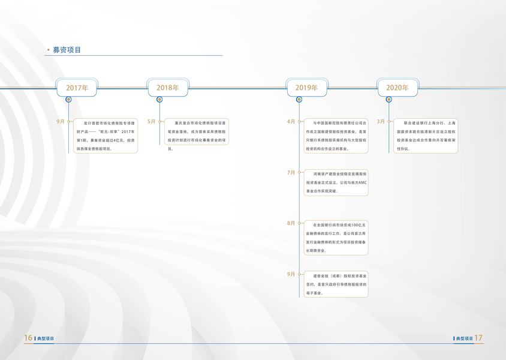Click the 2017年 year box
point(77,88)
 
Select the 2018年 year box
point(168,88)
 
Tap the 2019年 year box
point(306,88)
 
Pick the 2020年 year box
point(397,88)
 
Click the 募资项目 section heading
point(67,50)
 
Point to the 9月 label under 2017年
point(61,121)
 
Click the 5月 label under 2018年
point(151,121)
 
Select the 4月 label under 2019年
point(291,121)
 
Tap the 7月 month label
point(291,172)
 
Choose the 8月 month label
point(291,223)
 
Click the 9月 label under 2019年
point(291,274)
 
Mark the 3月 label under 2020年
point(381,121)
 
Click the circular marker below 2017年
point(69,100)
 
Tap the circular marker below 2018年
point(160,100)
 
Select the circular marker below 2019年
point(299,100)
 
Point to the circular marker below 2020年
point(390,100)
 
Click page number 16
point(28,338)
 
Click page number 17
point(478,338)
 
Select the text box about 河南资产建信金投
point(336,182)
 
